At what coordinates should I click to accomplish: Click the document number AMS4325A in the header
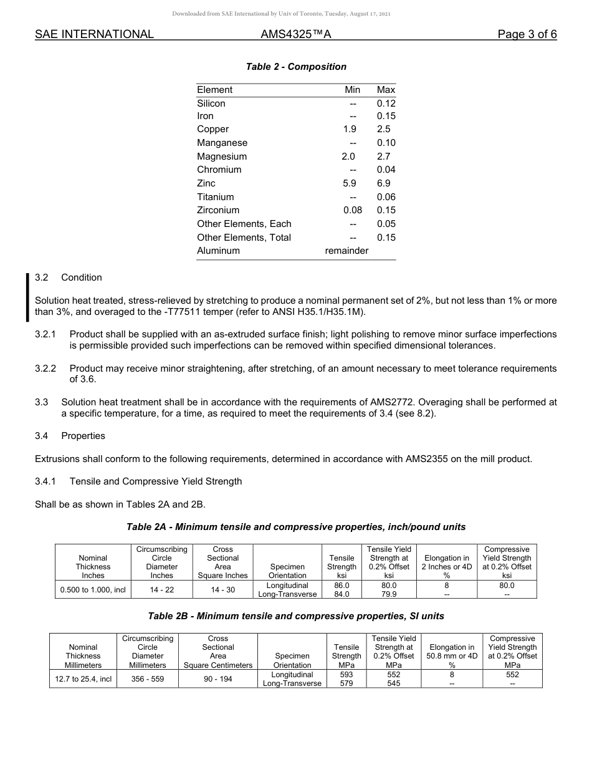click(x=295, y=34)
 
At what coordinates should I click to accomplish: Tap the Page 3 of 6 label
click(x=527, y=34)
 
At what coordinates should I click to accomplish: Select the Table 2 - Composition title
click(x=296, y=67)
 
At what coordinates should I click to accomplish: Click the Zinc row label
click(x=206, y=183)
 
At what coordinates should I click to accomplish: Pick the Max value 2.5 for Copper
click(x=384, y=129)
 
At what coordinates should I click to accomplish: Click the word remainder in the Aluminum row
click(x=346, y=251)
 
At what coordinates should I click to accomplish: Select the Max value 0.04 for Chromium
click(x=386, y=170)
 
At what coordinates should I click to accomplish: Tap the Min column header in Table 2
click(x=352, y=90)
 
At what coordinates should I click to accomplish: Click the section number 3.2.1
click(x=45, y=334)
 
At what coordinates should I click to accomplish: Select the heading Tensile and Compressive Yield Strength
click(x=156, y=481)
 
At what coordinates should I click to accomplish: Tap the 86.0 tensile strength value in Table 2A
click(x=341, y=586)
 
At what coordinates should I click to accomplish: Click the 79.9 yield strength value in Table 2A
click(x=389, y=594)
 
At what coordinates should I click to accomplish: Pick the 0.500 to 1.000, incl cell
click(x=93, y=589)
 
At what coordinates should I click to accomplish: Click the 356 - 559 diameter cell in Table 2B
click(x=148, y=678)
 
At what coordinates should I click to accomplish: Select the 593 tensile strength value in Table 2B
click(x=346, y=675)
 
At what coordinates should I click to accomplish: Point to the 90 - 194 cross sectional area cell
click(x=218, y=678)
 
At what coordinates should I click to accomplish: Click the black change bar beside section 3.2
click(x=27, y=297)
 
